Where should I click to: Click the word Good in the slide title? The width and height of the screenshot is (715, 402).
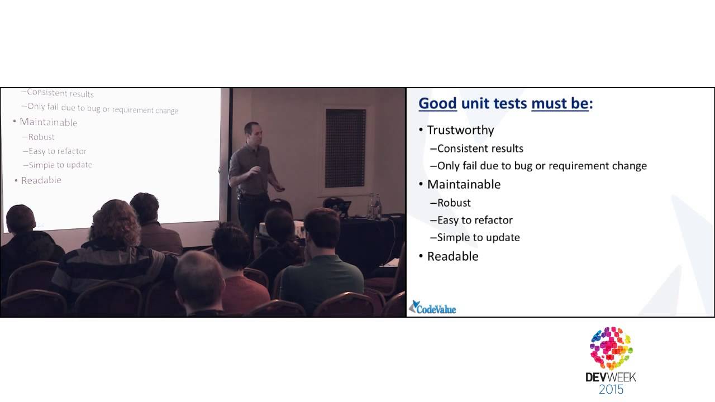pyautogui.click(x=437, y=104)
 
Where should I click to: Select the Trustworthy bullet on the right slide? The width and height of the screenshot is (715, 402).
pyautogui.click(x=460, y=130)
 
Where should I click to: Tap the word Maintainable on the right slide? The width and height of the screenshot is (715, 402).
pyautogui.click(x=464, y=184)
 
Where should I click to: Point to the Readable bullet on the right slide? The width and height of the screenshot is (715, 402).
pyautogui.click(x=452, y=256)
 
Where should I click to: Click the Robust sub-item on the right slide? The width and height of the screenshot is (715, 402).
pyautogui.click(x=454, y=203)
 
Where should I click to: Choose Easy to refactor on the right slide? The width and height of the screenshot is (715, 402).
pyautogui.click(x=475, y=220)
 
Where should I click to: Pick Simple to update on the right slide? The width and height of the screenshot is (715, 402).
pyautogui.click(x=478, y=237)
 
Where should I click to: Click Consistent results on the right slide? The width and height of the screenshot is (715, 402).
pyautogui.click(x=480, y=149)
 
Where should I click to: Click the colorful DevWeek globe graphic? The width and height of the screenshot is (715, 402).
pyautogui.click(x=611, y=348)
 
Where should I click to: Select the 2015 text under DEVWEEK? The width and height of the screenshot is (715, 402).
pyautogui.click(x=611, y=390)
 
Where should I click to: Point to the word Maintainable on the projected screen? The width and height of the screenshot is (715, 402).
pyautogui.click(x=49, y=122)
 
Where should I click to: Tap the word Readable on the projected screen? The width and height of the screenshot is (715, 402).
pyautogui.click(x=41, y=180)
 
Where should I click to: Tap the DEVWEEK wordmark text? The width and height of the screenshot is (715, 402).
pyautogui.click(x=611, y=377)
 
